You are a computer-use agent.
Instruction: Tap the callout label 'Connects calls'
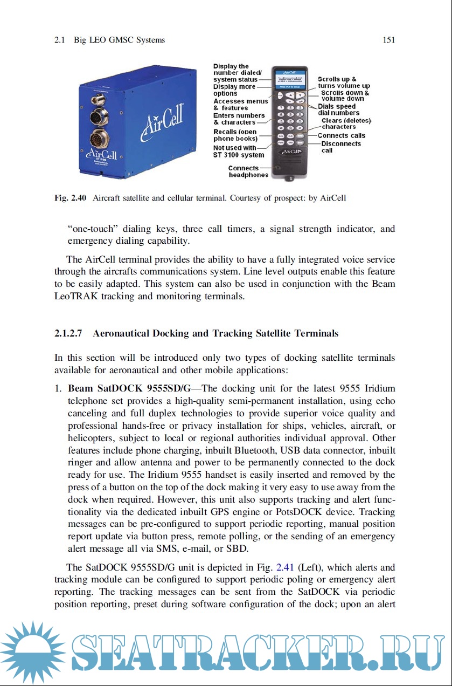point(341,136)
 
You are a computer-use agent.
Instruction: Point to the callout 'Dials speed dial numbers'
point(339,109)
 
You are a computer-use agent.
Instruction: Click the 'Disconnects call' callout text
point(340,147)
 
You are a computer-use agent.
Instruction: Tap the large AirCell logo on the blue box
point(162,119)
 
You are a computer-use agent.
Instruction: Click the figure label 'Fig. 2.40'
point(71,198)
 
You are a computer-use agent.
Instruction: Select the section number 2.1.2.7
point(68,333)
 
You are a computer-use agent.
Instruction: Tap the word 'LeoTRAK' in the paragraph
point(75,296)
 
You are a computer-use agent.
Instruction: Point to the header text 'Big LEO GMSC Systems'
point(119,40)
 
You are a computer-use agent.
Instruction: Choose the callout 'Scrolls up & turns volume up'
point(343,83)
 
